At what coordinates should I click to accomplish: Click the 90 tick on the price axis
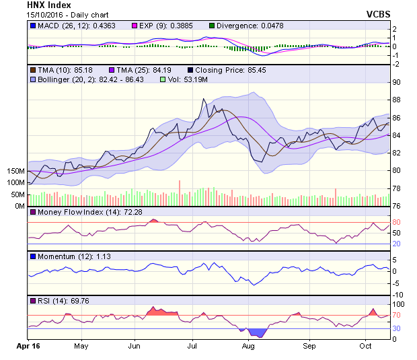(397, 82)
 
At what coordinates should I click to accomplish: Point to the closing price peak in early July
(204, 100)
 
